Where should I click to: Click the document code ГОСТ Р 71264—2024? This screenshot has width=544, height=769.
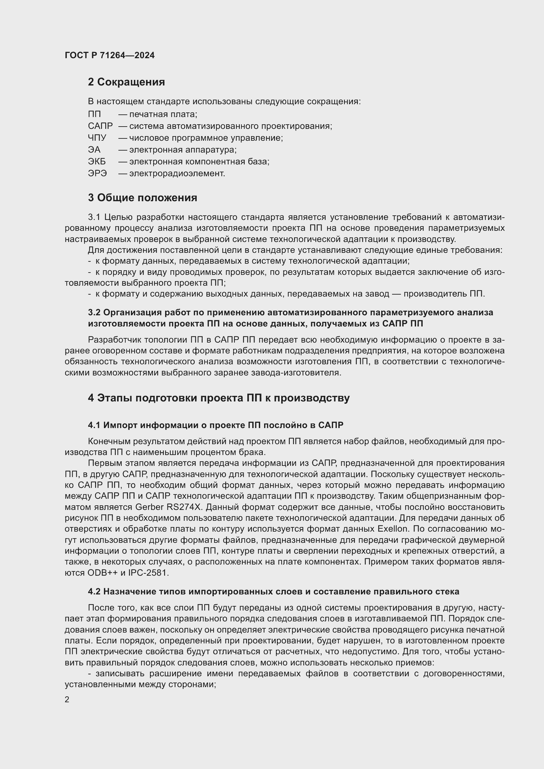(x=110, y=55)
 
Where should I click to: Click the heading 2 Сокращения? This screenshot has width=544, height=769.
(x=126, y=82)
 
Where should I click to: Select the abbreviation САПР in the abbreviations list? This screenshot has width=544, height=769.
(x=100, y=126)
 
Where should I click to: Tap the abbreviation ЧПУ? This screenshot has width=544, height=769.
(x=97, y=138)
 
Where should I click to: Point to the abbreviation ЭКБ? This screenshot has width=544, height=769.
(x=96, y=162)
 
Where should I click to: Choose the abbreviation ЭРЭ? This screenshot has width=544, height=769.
(x=97, y=174)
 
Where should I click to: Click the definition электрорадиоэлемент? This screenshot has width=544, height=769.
(x=177, y=174)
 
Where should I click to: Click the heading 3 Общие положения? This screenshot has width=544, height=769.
(x=142, y=198)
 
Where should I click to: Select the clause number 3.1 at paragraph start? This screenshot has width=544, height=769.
(x=94, y=217)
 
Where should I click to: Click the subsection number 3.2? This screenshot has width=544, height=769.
(x=94, y=312)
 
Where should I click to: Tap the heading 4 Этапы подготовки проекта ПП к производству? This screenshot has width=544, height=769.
(x=219, y=398)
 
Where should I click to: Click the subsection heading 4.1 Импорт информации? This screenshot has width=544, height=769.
(x=215, y=425)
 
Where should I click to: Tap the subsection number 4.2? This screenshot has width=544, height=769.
(x=94, y=592)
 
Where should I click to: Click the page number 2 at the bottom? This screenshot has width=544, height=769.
(x=67, y=700)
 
